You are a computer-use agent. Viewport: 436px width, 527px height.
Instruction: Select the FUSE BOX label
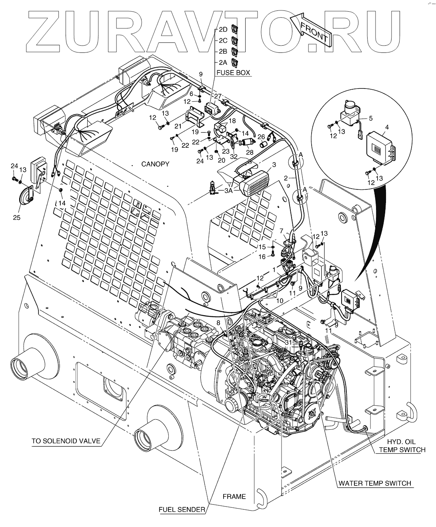[233, 73]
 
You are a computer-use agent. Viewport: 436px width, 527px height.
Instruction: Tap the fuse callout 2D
[223, 30]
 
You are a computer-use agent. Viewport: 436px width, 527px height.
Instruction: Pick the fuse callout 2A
[223, 62]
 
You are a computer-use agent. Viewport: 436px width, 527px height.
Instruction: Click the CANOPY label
[155, 164]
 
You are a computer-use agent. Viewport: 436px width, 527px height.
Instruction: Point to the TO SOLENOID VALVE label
[66, 441]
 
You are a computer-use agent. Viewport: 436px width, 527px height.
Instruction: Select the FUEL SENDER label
[182, 509]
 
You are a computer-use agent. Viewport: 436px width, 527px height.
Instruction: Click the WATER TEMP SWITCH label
[375, 483]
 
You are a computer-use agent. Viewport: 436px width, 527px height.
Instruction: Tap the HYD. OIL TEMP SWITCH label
[402, 445]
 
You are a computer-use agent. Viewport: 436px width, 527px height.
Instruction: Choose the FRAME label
[234, 497]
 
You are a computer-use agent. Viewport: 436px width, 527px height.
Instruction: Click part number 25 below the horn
[17, 217]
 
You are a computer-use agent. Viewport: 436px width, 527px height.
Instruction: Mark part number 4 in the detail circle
[387, 127]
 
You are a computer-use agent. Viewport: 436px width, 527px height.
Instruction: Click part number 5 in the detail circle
[370, 118]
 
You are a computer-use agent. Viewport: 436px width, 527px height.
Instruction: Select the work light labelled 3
[255, 183]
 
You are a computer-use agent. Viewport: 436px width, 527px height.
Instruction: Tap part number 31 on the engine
[288, 342]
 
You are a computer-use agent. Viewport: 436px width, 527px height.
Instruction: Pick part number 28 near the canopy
[250, 152]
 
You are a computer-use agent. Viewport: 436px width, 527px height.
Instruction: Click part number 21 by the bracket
[185, 126]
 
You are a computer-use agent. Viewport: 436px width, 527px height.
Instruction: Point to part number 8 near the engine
[218, 322]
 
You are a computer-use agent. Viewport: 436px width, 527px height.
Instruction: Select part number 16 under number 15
[262, 257]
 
